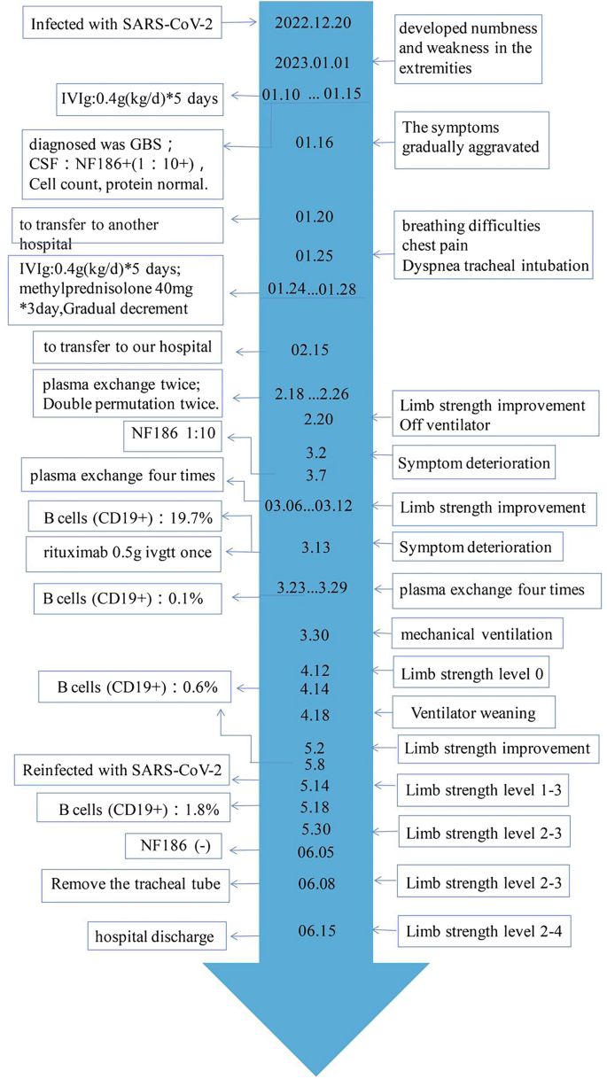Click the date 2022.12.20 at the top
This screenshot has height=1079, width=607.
click(313, 22)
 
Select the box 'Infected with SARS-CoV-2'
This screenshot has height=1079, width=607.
click(121, 24)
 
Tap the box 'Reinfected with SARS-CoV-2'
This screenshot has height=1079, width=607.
click(122, 772)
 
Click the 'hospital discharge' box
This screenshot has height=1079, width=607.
click(156, 934)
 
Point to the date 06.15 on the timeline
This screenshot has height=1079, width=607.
click(316, 931)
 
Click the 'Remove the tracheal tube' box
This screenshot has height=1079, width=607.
click(135, 883)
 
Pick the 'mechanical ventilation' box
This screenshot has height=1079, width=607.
click(476, 634)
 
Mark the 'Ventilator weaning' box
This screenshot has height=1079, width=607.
click(471, 712)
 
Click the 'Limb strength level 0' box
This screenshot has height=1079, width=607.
click(471, 674)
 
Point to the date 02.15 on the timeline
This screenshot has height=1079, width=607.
click(310, 350)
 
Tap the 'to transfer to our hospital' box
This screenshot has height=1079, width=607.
click(128, 347)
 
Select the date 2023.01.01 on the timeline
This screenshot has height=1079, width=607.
click(314, 62)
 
